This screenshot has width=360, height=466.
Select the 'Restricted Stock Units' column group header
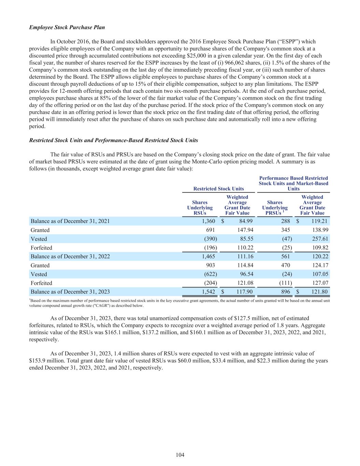click(x=218, y=188)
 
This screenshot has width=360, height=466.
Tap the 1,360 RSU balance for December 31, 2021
click(x=208, y=221)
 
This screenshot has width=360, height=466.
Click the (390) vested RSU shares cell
click(x=210, y=239)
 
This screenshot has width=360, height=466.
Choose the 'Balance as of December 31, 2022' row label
click(x=70, y=256)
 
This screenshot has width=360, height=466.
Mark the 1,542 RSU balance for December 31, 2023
click(x=208, y=292)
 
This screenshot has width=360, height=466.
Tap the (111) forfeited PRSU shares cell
click(x=285, y=283)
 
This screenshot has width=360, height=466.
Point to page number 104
click(x=180, y=455)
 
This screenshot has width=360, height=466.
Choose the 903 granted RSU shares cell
click(x=210, y=265)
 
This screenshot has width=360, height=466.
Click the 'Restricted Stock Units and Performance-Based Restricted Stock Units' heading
click(x=114, y=140)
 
